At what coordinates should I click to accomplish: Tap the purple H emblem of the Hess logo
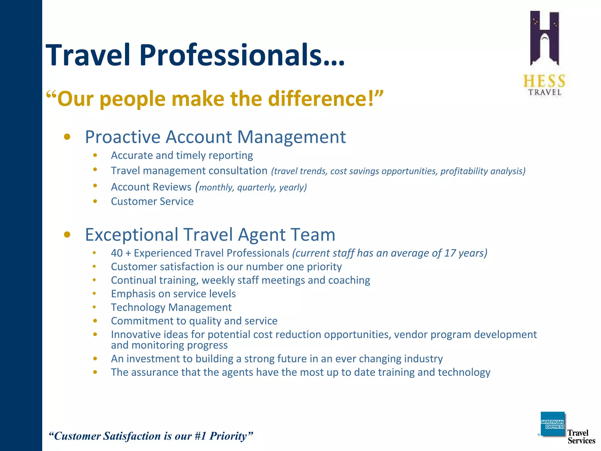click(544, 38)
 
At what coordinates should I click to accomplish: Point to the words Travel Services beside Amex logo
click(581, 437)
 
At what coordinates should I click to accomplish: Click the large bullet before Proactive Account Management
click(67, 137)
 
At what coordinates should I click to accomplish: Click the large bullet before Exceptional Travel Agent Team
click(67, 235)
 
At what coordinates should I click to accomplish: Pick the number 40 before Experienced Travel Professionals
click(117, 253)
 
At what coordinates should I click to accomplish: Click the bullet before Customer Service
click(95, 201)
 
